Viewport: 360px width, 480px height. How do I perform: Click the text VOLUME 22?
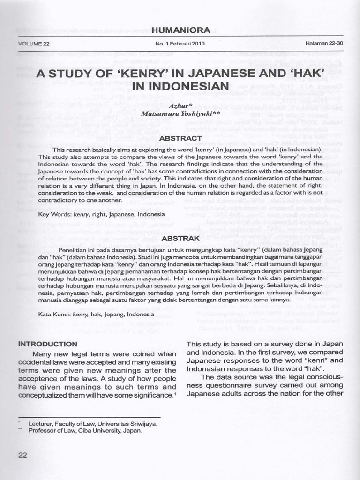34,44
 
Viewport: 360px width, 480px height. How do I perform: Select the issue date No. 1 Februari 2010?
180,44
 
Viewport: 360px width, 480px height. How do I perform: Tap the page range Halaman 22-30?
324,44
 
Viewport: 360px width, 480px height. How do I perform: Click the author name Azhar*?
180,107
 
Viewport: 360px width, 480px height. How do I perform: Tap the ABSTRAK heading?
180,239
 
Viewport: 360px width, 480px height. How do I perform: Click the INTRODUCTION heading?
47,344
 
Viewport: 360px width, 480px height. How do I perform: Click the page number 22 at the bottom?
23,454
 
